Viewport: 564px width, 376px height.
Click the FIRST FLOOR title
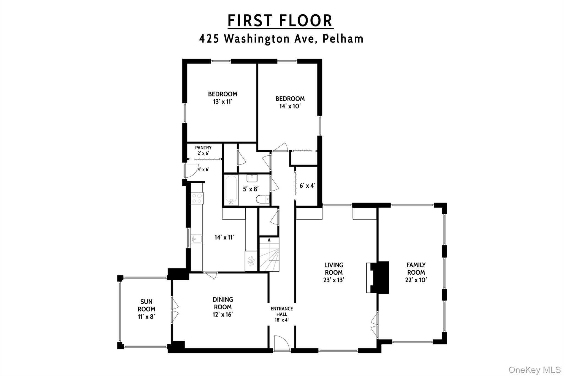(280, 21)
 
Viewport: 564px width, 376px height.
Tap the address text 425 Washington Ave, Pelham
(281, 39)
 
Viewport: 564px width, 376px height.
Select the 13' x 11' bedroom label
(223, 98)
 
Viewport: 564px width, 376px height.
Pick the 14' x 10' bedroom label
(290, 102)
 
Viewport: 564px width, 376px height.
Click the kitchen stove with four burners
(197, 198)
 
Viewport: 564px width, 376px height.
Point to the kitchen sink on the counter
(197, 239)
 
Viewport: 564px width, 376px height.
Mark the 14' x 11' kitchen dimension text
(224, 237)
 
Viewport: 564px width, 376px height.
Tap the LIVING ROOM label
(333, 272)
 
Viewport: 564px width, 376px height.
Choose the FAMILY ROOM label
(416, 272)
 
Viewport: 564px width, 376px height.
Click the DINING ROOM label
(223, 307)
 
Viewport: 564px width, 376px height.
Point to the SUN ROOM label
(146, 309)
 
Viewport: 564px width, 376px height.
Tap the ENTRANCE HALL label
(281, 314)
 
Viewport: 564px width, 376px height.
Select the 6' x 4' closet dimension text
(307, 186)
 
